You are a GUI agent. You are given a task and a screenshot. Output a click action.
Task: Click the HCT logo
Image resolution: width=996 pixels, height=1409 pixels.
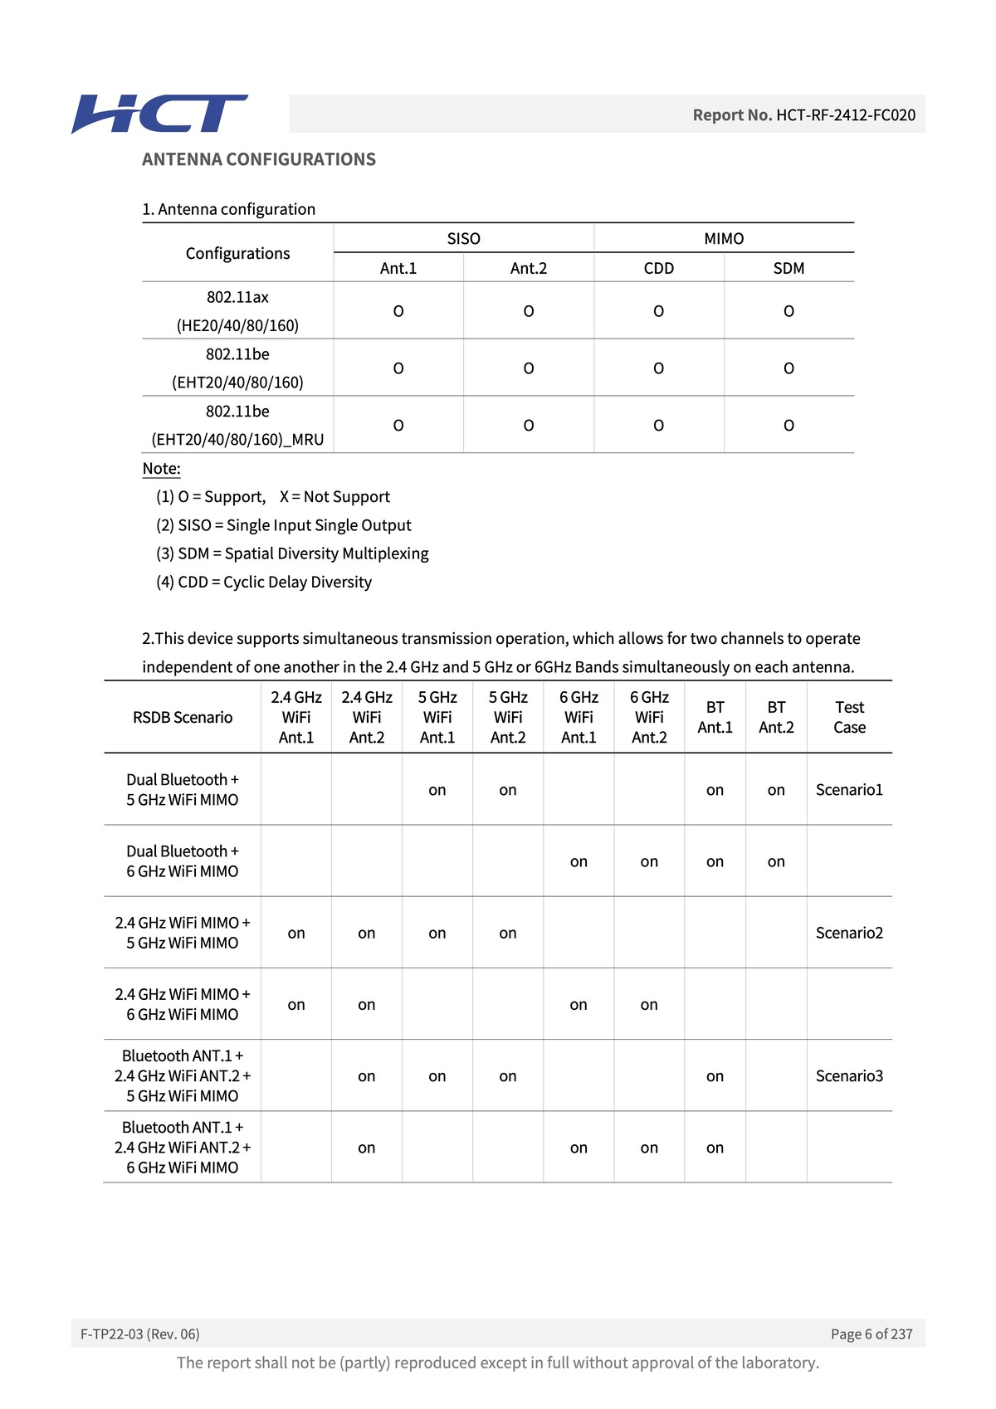point(159,115)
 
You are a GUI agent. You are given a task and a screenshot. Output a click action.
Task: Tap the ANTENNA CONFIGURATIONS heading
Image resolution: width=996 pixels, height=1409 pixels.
point(258,159)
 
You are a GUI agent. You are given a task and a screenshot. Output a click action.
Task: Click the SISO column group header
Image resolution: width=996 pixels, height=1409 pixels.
point(463,239)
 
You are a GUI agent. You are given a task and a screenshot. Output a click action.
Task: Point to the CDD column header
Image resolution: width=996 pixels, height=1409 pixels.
point(658,268)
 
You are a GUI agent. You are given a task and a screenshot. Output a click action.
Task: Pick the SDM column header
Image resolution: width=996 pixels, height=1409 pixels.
point(788,268)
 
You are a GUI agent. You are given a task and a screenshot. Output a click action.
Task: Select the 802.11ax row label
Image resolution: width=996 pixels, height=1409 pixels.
point(237,311)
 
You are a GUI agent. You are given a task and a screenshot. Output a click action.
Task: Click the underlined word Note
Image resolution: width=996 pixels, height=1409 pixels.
point(161,469)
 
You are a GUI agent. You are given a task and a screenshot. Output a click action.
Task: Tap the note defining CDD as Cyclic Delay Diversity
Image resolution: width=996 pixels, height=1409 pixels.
point(264,583)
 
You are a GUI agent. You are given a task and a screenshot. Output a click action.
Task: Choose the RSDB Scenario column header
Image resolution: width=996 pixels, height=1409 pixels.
point(183,718)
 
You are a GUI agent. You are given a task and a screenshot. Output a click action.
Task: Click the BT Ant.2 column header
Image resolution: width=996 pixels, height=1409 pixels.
point(776,718)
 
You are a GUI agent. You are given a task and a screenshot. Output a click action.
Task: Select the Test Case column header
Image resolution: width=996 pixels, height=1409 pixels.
point(849,718)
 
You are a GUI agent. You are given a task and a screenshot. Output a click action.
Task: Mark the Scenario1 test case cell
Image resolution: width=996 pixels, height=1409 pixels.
point(849,790)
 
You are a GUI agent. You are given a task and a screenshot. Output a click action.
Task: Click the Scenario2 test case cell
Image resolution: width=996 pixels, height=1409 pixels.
point(849,933)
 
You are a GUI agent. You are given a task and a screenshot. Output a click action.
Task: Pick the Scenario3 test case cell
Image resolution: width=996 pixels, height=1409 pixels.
point(849,1076)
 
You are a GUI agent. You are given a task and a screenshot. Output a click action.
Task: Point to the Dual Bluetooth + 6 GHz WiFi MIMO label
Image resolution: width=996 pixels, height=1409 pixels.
point(183,861)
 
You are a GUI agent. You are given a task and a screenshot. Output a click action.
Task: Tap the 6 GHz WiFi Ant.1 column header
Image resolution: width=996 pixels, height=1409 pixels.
point(579,718)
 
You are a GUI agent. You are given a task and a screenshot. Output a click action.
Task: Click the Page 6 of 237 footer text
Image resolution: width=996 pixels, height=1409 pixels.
point(871,1334)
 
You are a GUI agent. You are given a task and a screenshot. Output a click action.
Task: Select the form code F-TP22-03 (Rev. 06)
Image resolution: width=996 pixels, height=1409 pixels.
point(140,1334)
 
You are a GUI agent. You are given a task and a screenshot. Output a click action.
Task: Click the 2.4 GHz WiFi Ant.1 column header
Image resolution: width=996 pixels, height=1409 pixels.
point(296,718)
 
